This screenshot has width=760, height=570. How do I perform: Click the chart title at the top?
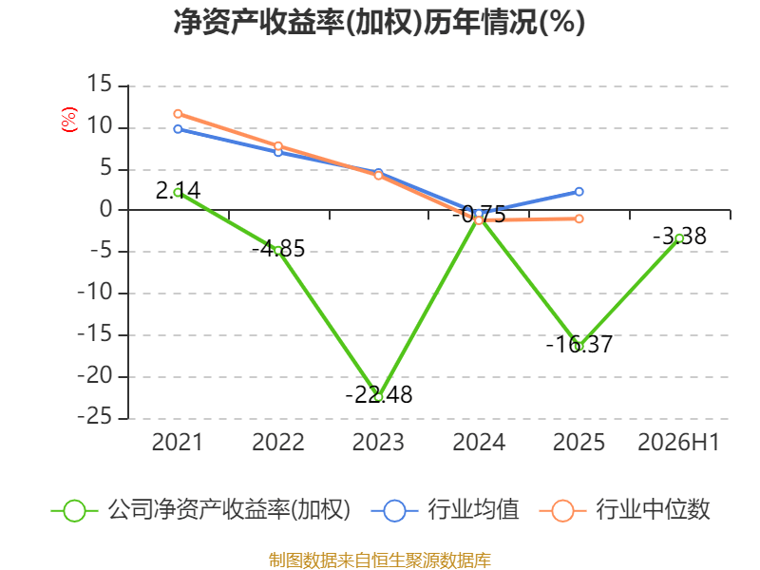(379, 22)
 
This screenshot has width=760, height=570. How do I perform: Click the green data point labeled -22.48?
(379, 397)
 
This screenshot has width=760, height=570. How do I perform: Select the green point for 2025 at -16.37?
(579, 346)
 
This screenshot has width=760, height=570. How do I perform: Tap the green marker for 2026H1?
(679, 238)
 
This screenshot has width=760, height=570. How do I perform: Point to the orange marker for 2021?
(178, 114)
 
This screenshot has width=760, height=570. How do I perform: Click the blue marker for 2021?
(178, 129)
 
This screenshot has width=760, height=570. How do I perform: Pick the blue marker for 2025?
(579, 192)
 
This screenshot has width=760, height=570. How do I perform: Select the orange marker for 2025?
(579, 219)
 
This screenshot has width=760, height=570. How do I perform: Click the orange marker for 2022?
(278, 146)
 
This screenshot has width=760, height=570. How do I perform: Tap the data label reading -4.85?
(278, 249)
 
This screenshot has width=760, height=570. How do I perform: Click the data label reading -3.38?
(679, 237)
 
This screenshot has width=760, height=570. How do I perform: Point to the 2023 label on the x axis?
(378, 442)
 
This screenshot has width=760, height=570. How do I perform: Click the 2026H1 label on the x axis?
(678, 442)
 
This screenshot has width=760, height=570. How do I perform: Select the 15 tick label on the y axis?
(100, 84)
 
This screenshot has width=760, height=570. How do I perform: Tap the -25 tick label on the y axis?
(94, 417)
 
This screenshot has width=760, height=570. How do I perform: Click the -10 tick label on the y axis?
(94, 293)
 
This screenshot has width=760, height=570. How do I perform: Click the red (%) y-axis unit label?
(69, 120)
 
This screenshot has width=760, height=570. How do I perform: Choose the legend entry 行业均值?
(445, 510)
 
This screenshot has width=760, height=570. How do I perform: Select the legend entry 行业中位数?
(624, 510)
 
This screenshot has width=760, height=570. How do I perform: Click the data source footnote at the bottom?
(380, 560)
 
